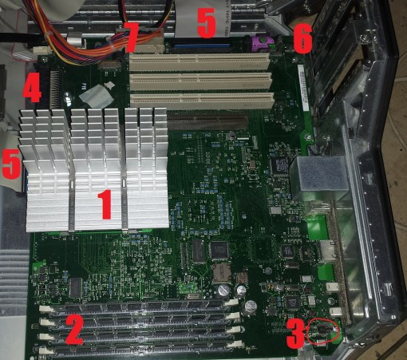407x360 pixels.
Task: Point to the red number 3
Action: [295, 334]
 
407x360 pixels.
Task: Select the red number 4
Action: [32, 87]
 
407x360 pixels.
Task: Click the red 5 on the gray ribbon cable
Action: [207, 23]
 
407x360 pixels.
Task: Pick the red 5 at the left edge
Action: [10, 164]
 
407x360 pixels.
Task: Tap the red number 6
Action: [302, 38]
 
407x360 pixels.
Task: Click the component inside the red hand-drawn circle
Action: [324, 330]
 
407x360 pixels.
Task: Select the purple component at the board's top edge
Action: [263, 43]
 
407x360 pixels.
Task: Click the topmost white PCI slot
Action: [200, 61]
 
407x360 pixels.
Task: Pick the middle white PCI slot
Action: [201, 81]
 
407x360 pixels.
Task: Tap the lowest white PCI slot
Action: [203, 101]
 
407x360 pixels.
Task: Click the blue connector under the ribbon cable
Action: [201, 46]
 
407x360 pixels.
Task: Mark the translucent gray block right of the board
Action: [319, 176]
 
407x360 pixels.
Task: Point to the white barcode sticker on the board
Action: [304, 88]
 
